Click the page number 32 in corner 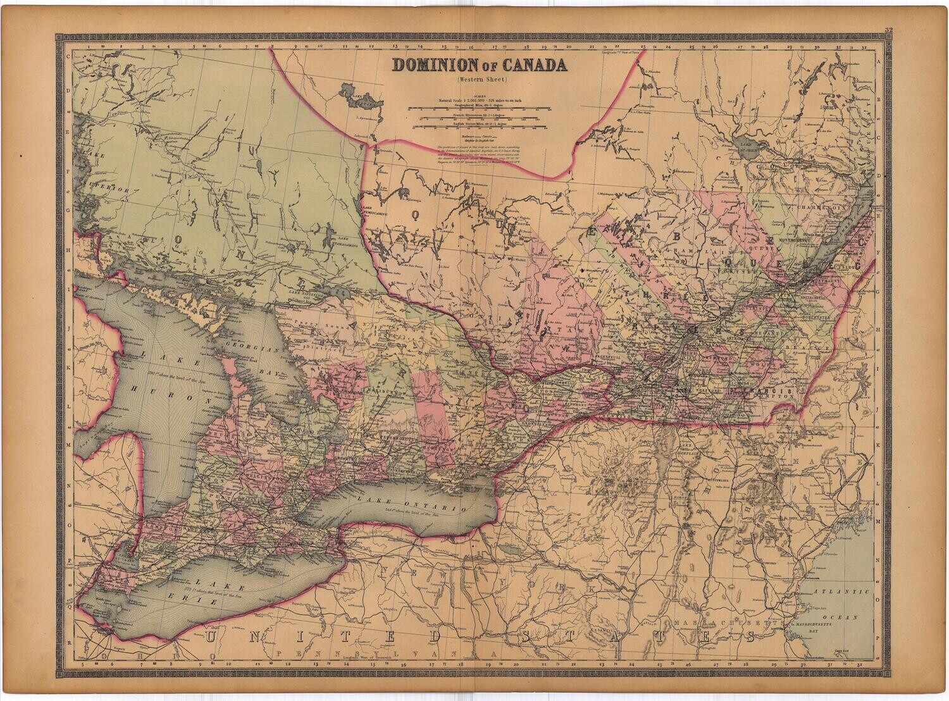click(x=889, y=30)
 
